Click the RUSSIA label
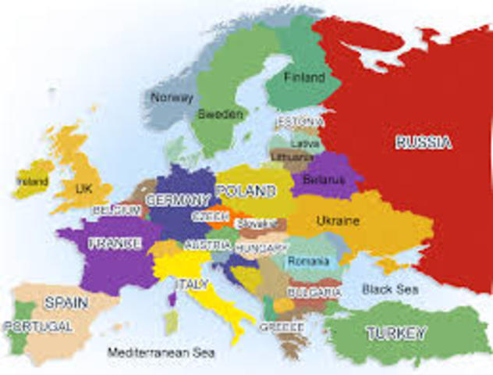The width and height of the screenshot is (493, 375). pos(424,142)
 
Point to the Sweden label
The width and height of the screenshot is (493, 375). pos(220,113)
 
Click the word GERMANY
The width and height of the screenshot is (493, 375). pos(178,198)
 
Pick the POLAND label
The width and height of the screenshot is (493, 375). pos(246,191)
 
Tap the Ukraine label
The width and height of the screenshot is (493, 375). pos(338,222)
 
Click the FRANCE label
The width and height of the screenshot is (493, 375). pos(115,243)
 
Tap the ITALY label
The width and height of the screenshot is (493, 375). pos(192,283)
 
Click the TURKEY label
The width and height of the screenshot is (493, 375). pos(396,334)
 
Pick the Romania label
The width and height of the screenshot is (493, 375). pos(309,260)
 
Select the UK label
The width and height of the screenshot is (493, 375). pos(83,188)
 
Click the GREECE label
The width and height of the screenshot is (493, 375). pos(281,326)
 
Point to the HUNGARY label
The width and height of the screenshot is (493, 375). pos(262,247)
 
